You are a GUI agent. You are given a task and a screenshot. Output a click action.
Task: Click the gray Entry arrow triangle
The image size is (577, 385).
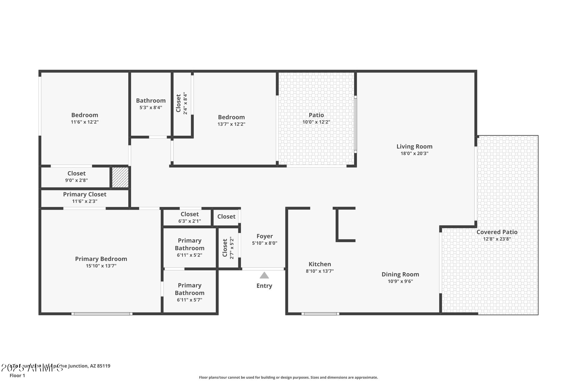(x=264, y=276)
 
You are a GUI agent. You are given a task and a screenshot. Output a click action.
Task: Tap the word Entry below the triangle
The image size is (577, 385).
(x=264, y=286)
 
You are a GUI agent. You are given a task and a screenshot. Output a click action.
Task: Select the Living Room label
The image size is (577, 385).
(x=414, y=146)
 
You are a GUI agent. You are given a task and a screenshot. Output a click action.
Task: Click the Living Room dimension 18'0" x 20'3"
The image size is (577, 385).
(x=414, y=153)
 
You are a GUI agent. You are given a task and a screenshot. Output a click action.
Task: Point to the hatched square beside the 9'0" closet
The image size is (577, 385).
(x=120, y=177)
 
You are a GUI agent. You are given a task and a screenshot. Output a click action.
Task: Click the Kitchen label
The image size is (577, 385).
(x=320, y=264)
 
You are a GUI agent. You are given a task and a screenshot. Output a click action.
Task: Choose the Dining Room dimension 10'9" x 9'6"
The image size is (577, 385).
(x=400, y=282)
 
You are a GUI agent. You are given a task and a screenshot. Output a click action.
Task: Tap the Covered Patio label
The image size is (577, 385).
(x=497, y=232)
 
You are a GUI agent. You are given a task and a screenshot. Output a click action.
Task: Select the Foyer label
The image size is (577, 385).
(x=264, y=236)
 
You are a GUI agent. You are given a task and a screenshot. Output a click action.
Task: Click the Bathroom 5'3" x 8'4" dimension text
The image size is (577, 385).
(x=151, y=107)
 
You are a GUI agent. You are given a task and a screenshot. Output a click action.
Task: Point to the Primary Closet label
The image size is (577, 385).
(x=84, y=194)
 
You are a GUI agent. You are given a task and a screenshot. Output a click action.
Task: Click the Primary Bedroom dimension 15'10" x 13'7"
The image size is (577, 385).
(x=101, y=266)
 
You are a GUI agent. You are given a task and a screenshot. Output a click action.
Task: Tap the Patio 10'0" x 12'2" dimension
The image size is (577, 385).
(x=316, y=122)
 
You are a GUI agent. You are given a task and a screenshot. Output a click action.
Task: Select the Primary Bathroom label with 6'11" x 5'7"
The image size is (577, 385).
(x=189, y=289)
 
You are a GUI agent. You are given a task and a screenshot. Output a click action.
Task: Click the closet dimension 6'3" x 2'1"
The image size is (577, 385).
(x=189, y=221)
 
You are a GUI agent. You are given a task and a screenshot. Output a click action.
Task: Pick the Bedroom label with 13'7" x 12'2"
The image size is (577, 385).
(x=231, y=117)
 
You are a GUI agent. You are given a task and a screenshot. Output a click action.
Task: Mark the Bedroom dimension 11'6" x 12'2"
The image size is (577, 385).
(x=84, y=122)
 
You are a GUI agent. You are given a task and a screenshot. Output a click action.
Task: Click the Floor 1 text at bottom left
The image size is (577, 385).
(x=17, y=375)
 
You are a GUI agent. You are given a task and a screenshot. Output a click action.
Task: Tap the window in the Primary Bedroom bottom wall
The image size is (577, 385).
(x=102, y=314)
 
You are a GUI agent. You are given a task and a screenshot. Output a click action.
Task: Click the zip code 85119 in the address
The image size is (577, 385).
(x=103, y=366)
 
